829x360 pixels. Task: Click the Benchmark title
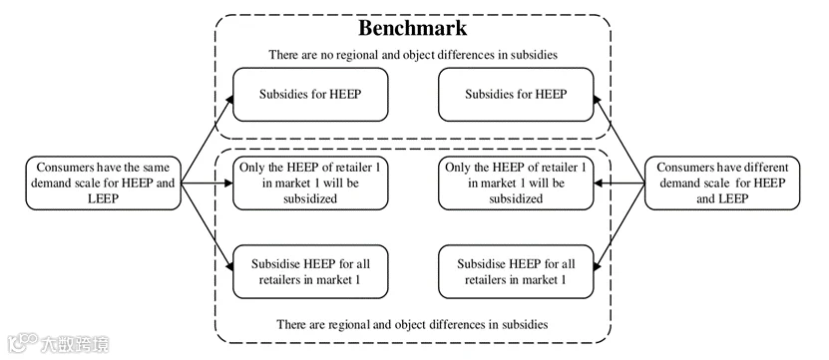[412, 29]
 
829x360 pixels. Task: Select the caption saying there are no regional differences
[412, 55]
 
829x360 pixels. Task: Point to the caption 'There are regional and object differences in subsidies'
[412, 324]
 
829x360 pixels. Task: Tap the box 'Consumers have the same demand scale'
[104, 182]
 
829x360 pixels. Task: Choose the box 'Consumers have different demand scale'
[722, 182]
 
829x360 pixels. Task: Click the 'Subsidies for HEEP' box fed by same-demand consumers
[310, 95]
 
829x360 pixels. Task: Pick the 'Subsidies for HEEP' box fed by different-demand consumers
[516, 95]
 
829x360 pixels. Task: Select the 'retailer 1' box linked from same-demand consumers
[310, 182]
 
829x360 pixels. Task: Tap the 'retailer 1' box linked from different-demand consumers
[516, 182]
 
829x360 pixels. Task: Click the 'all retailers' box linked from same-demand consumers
[310, 271]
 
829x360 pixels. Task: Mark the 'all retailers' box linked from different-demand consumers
[516, 271]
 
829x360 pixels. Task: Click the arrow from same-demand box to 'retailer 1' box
[207, 183]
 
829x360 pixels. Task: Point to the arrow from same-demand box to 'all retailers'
[207, 227]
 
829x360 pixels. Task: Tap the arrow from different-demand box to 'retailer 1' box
[620, 183]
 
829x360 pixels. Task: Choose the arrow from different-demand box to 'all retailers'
[620, 227]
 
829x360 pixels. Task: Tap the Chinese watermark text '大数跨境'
[75, 344]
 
